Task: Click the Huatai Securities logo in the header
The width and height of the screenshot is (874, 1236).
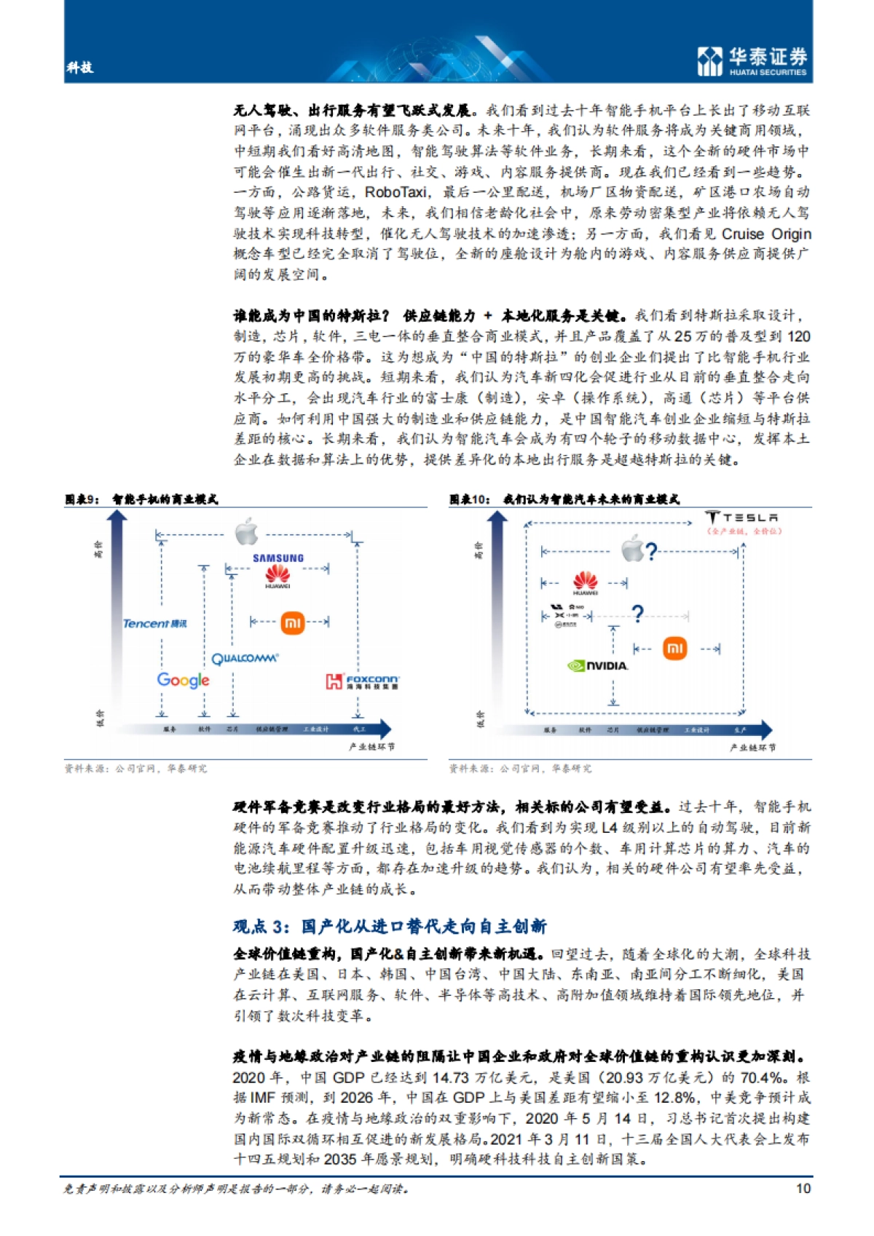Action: click(x=752, y=60)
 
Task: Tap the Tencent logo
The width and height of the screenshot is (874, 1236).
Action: click(x=154, y=624)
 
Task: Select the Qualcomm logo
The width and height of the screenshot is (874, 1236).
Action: click(x=245, y=659)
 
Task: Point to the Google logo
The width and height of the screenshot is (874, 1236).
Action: click(x=183, y=680)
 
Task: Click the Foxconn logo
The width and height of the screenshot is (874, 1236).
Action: click(x=362, y=681)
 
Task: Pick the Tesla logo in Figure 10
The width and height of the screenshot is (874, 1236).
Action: click(x=742, y=518)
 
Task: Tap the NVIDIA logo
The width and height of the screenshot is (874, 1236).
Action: click(x=597, y=665)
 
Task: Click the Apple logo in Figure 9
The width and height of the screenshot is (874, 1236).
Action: click(x=247, y=532)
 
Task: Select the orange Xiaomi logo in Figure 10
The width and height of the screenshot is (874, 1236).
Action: click(x=674, y=648)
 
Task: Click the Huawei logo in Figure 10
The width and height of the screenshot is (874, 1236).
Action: click(x=585, y=583)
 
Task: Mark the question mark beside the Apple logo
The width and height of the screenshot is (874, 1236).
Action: click(x=651, y=551)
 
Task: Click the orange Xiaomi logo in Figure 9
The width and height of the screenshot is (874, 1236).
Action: click(x=292, y=622)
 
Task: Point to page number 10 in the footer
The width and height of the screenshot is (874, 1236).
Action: click(x=803, y=1188)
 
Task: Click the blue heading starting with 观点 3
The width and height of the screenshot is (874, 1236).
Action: click(x=390, y=926)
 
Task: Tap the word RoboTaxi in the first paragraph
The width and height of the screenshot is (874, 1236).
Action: click(x=395, y=192)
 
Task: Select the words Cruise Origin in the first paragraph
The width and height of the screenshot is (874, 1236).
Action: click(x=766, y=234)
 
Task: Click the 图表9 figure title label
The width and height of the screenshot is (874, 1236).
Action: click(x=82, y=499)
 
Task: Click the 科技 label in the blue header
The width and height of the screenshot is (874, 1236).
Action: click(x=79, y=68)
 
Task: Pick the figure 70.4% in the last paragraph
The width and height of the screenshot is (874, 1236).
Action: click(x=764, y=1077)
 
